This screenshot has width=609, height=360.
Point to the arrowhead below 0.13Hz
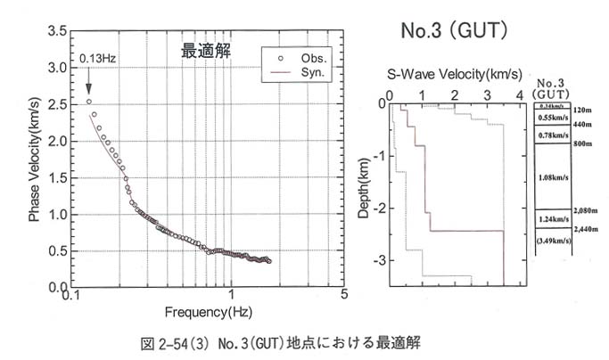click(x=89, y=89)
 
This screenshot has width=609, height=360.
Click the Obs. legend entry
click(x=303, y=55)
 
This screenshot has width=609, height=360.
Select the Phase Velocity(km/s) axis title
click(x=34, y=158)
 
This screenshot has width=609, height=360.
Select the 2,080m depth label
click(x=585, y=210)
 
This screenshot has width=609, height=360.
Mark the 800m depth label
click(x=582, y=143)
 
